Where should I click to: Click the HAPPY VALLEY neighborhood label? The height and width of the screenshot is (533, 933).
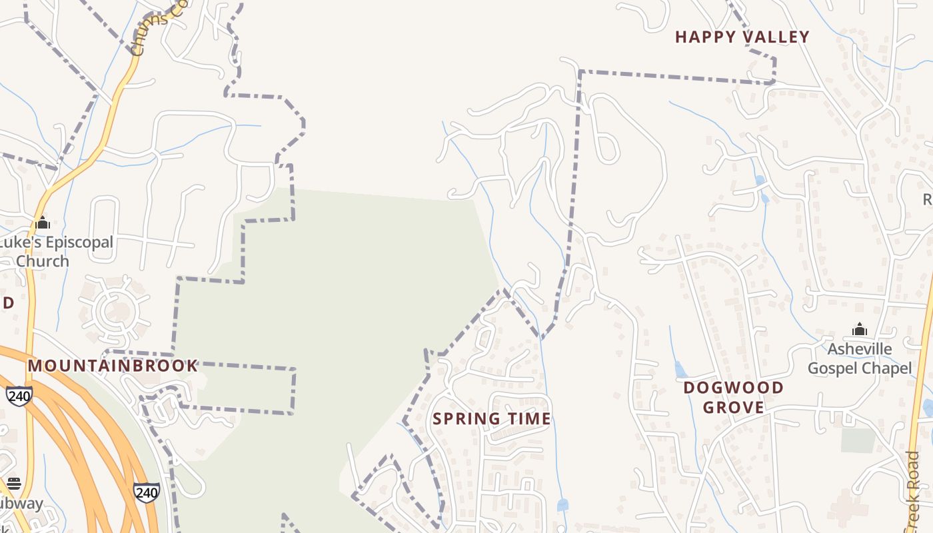742,37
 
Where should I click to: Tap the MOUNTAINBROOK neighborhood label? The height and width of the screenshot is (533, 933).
113,366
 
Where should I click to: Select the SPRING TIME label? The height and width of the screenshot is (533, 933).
492,419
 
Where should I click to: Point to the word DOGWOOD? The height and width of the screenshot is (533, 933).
734,388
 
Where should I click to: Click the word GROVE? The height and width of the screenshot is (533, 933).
734,407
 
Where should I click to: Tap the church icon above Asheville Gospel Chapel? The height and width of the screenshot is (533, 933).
860,329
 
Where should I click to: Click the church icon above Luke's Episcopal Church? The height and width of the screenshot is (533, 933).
43,223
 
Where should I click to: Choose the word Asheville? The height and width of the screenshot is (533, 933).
859,350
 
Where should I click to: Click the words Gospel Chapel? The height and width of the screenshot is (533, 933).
860,368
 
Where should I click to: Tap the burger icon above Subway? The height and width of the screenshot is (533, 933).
14,483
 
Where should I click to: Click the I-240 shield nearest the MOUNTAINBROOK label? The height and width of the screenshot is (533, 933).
19,396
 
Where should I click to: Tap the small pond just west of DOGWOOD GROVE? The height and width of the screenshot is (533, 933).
679,369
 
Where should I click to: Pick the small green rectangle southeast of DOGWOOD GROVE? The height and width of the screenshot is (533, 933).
858,440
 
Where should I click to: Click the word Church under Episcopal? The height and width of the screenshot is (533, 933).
42,261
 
